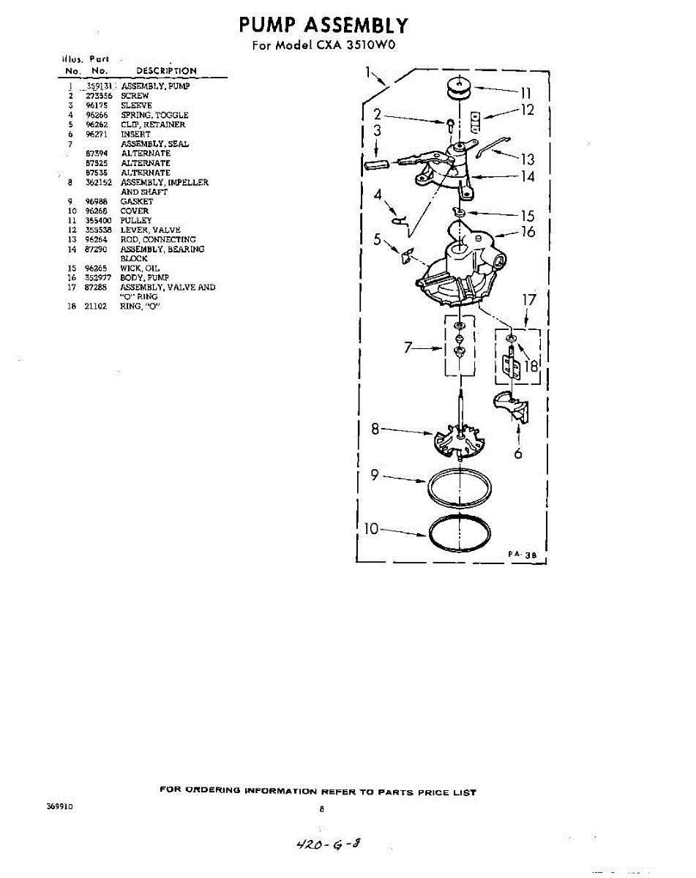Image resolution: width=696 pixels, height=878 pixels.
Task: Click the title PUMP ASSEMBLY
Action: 323,26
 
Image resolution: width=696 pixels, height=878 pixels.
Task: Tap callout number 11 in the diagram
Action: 525,93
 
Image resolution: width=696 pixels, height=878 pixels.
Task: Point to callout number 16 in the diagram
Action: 528,232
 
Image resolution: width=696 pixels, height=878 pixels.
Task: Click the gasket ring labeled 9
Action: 458,487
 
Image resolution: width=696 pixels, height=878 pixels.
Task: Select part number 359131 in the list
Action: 97,86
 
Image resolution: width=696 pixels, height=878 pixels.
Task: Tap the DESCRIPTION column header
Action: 166,71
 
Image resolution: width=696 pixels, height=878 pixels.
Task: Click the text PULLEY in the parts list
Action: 136,220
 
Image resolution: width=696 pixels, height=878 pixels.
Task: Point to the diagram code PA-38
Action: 523,555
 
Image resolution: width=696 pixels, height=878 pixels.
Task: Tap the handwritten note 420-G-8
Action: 326,844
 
